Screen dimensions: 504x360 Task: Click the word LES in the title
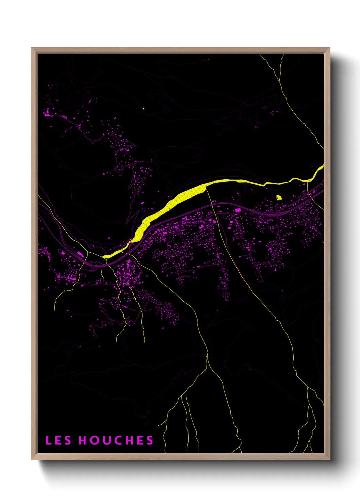pyautogui.click(x=58, y=440)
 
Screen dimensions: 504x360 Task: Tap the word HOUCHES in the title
pyautogui.click(x=116, y=440)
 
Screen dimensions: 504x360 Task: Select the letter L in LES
pyautogui.click(x=48, y=440)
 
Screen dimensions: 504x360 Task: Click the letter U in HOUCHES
pyautogui.click(x=105, y=440)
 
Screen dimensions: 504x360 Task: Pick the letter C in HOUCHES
pyautogui.click(x=116, y=440)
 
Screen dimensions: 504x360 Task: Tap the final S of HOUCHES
pyautogui.click(x=150, y=440)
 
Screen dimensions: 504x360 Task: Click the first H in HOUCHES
pyautogui.click(x=83, y=440)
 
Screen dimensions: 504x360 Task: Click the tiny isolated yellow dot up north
pyautogui.click(x=143, y=109)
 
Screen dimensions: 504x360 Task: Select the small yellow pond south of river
pyautogui.click(x=279, y=197)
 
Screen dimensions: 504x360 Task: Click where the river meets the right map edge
pyautogui.click(x=322, y=167)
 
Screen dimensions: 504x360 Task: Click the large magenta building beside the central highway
pyautogui.click(x=238, y=210)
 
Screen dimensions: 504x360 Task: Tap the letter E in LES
pyautogui.click(x=58, y=440)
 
